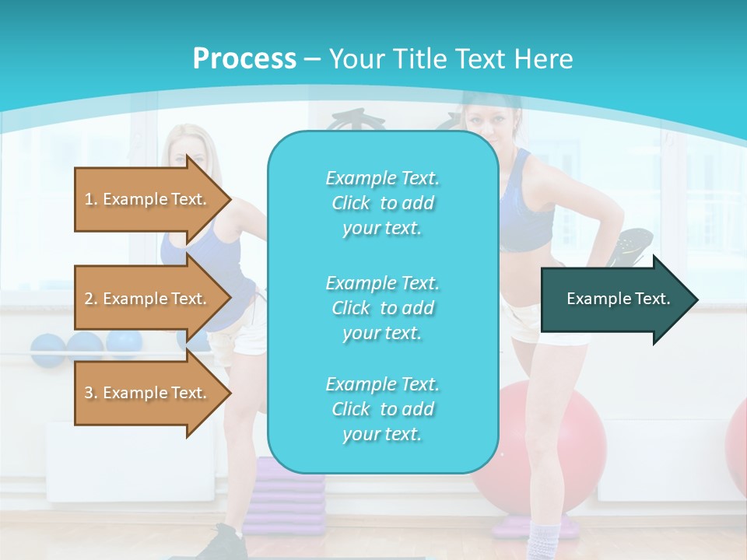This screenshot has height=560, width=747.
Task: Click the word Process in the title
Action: [x=244, y=59]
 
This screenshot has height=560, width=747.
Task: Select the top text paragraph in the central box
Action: [x=382, y=203]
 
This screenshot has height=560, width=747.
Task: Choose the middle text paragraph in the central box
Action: [x=382, y=308]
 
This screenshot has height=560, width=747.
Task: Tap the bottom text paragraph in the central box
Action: [x=382, y=409]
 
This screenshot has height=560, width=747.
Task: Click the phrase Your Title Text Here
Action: [x=451, y=59]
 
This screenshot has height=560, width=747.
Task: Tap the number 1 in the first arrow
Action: [x=89, y=199]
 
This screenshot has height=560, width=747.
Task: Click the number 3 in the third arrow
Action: [x=89, y=393]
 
